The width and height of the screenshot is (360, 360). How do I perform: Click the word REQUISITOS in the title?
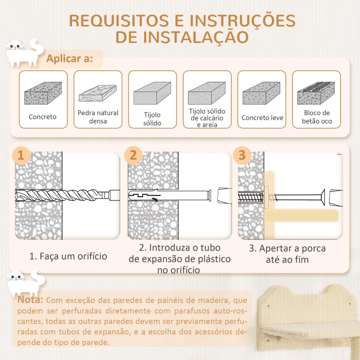click(x=119, y=21)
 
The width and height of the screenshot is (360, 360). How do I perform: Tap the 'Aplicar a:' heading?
click(x=70, y=58)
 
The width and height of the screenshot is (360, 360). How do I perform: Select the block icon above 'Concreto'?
click(x=43, y=93)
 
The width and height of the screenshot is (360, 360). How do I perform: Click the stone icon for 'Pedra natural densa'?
click(x=98, y=93)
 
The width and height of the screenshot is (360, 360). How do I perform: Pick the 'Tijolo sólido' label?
click(x=152, y=119)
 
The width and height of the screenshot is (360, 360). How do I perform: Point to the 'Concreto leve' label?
click(x=262, y=118)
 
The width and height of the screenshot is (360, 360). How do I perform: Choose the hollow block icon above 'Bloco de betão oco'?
click(x=316, y=93)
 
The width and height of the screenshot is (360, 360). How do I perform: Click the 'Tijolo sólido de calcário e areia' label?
click(x=207, y=118)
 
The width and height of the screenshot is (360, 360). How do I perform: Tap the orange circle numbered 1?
click(x=21, y=155)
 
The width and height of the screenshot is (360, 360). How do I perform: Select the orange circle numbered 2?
click(x=133, y=155)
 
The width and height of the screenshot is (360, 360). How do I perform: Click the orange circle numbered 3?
click(x=242, y=155)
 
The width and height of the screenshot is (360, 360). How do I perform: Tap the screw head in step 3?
click(x=323, y=197)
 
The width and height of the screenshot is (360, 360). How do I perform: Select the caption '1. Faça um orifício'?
click(x=68, y=256)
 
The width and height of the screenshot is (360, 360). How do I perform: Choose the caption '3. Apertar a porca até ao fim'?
click(x=288, y=254)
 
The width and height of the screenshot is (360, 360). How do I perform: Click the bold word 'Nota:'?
click(x=30, y=300)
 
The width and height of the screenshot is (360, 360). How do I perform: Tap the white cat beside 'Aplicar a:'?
click(x=24, y=53)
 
